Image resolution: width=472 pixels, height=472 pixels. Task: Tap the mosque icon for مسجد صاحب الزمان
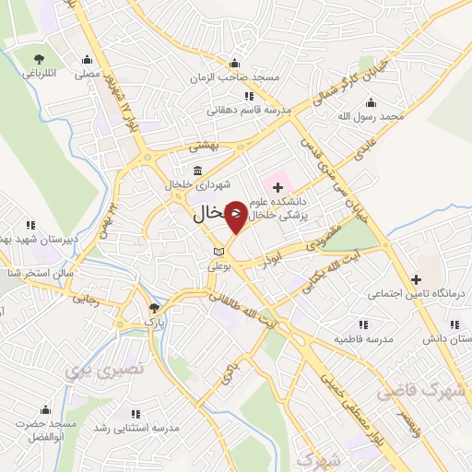click(x=234, y=63)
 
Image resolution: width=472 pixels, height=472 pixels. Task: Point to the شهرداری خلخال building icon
click(x=198, y=171)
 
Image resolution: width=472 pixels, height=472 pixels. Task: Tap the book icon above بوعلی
click(x=218, y=251)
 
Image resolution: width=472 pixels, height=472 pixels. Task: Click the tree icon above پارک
click(x=154, y=308)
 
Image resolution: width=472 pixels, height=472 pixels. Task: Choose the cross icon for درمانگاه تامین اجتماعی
click(x=416, y=278)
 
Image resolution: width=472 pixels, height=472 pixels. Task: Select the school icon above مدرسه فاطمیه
click(x=361, y=324)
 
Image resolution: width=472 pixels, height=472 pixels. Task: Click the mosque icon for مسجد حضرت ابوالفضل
click(x=43, y=410)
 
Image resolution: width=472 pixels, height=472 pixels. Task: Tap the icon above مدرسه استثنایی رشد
click(x=136, y=414)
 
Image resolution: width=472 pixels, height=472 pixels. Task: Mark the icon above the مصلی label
click(x=88, y=58)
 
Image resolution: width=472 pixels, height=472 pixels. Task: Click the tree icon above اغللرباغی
click(x=38, y=58)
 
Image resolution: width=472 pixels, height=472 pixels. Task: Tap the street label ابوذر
click(x=268, y=262)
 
